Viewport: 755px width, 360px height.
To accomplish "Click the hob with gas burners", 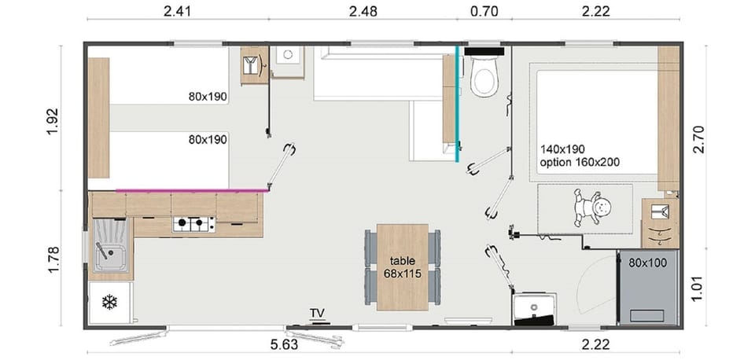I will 193,225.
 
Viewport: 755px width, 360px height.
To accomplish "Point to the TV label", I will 317,314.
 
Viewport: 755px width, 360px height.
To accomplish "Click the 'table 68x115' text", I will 402,266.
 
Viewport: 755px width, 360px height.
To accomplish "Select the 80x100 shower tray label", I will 647,263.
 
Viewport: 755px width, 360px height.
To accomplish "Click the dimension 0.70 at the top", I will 483,12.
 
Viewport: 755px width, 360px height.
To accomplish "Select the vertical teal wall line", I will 457,102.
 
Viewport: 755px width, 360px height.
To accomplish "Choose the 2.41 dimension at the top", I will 176,12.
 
